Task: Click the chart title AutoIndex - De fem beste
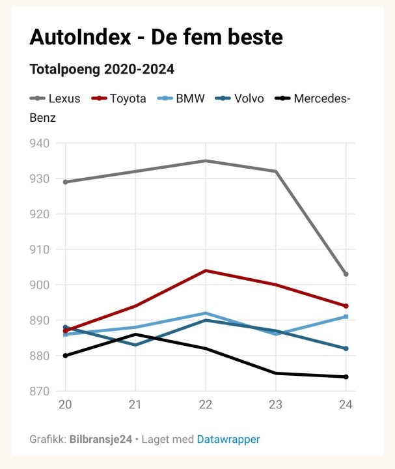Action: pyautogui.click(x=156, y=37)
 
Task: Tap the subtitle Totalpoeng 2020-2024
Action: pyautogui.click(x=102, y=69)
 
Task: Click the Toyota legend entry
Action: pyautogui.click(x=120, y=99)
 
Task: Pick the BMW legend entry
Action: pyautogui.click(x=182, y=99)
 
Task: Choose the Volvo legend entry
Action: pyautogui.click(x=241, y=99)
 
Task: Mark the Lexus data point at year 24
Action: pyautogui.click(x=346, y=274)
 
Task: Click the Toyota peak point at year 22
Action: pyautogui.click(x=206, y=270)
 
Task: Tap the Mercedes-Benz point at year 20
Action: pyautogui.click(x=65, y=356)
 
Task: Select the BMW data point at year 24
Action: pyautogui.click(x=346, y=317)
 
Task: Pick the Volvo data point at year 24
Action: pyautogui.click(x=346, y=348)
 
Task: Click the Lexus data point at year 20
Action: pyautogui.click(x=65, y=182)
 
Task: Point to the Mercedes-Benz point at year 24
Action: pyautogui.click(x=346, y=377)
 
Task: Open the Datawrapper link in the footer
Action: pyautogui.click(x=228, y=440)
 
